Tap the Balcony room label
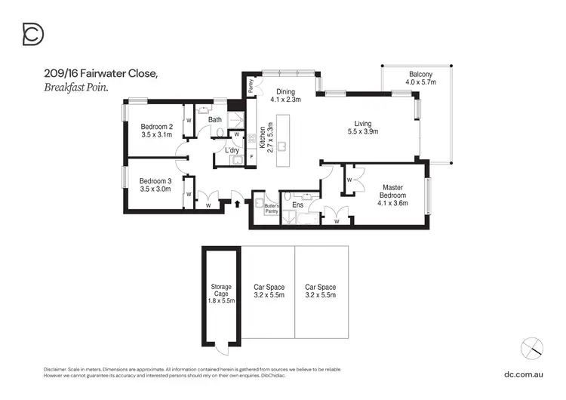420,78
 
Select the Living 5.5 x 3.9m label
367,128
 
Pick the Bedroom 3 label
155,185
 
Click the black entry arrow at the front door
239,203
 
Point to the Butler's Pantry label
272,209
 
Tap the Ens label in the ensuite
297,205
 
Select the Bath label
215,119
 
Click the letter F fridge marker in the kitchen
252,156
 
